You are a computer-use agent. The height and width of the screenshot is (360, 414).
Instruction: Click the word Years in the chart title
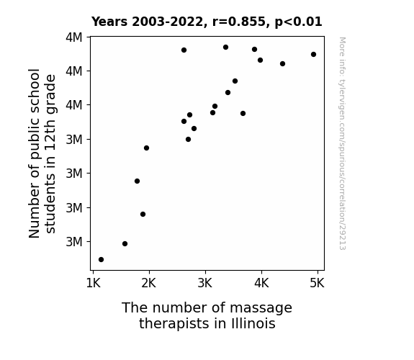point(109,22)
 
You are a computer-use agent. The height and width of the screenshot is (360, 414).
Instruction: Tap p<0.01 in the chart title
point(298,22)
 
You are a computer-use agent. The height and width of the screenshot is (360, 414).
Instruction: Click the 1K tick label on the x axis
point(94,283)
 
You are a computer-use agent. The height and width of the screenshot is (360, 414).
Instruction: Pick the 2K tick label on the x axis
point(149,283)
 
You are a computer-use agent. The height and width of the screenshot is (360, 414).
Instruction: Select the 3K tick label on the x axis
point(205,283)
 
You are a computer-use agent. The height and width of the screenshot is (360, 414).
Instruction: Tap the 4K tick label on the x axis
point(261,283)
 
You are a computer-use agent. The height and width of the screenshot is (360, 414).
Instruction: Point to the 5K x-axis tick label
point(317,283)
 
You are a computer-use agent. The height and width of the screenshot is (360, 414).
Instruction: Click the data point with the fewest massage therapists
point(101,260)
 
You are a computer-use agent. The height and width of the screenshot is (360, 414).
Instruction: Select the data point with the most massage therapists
point(314,55)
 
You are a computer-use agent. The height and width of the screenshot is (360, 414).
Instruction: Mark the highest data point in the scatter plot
point(226,48)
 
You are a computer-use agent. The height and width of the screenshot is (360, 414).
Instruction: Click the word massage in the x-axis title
point(261,308)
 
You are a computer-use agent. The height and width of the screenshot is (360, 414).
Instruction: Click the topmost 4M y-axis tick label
point(74,37)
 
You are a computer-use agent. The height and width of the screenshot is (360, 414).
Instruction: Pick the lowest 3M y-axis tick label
point(74,242)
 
